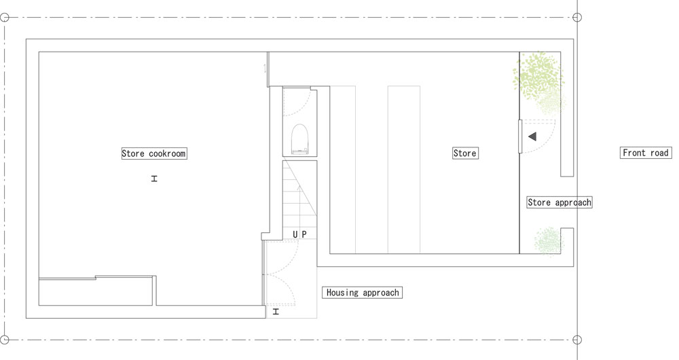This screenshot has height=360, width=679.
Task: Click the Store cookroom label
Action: [154, 154]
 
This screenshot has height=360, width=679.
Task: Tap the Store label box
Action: [465, 153]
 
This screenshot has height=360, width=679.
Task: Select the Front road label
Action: [646, 153]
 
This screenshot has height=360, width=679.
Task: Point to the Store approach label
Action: [559, 202]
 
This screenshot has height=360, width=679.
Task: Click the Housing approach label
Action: [363, 293]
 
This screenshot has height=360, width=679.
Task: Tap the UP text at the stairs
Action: [299, 234]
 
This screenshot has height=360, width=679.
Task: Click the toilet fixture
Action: [299, 139]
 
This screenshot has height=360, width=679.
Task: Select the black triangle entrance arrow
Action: [532, 137]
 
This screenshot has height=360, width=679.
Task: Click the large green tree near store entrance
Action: [538, 78]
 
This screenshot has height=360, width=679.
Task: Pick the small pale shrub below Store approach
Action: [549, 242]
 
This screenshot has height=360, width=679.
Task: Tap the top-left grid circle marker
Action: [4, 18]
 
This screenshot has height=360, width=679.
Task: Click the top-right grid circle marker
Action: [576, 18]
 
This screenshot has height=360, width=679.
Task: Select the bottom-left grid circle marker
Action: [4, 340]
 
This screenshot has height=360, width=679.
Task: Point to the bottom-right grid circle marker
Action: [576, 340]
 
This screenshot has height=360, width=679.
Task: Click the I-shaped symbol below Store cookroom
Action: [154, 179]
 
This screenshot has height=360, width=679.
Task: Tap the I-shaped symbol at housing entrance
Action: [276, 312]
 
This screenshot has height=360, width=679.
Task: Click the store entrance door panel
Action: [520, 137]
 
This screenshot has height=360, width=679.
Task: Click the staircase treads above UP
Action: [299, 194]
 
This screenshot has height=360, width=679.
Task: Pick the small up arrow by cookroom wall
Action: [265, 68]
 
